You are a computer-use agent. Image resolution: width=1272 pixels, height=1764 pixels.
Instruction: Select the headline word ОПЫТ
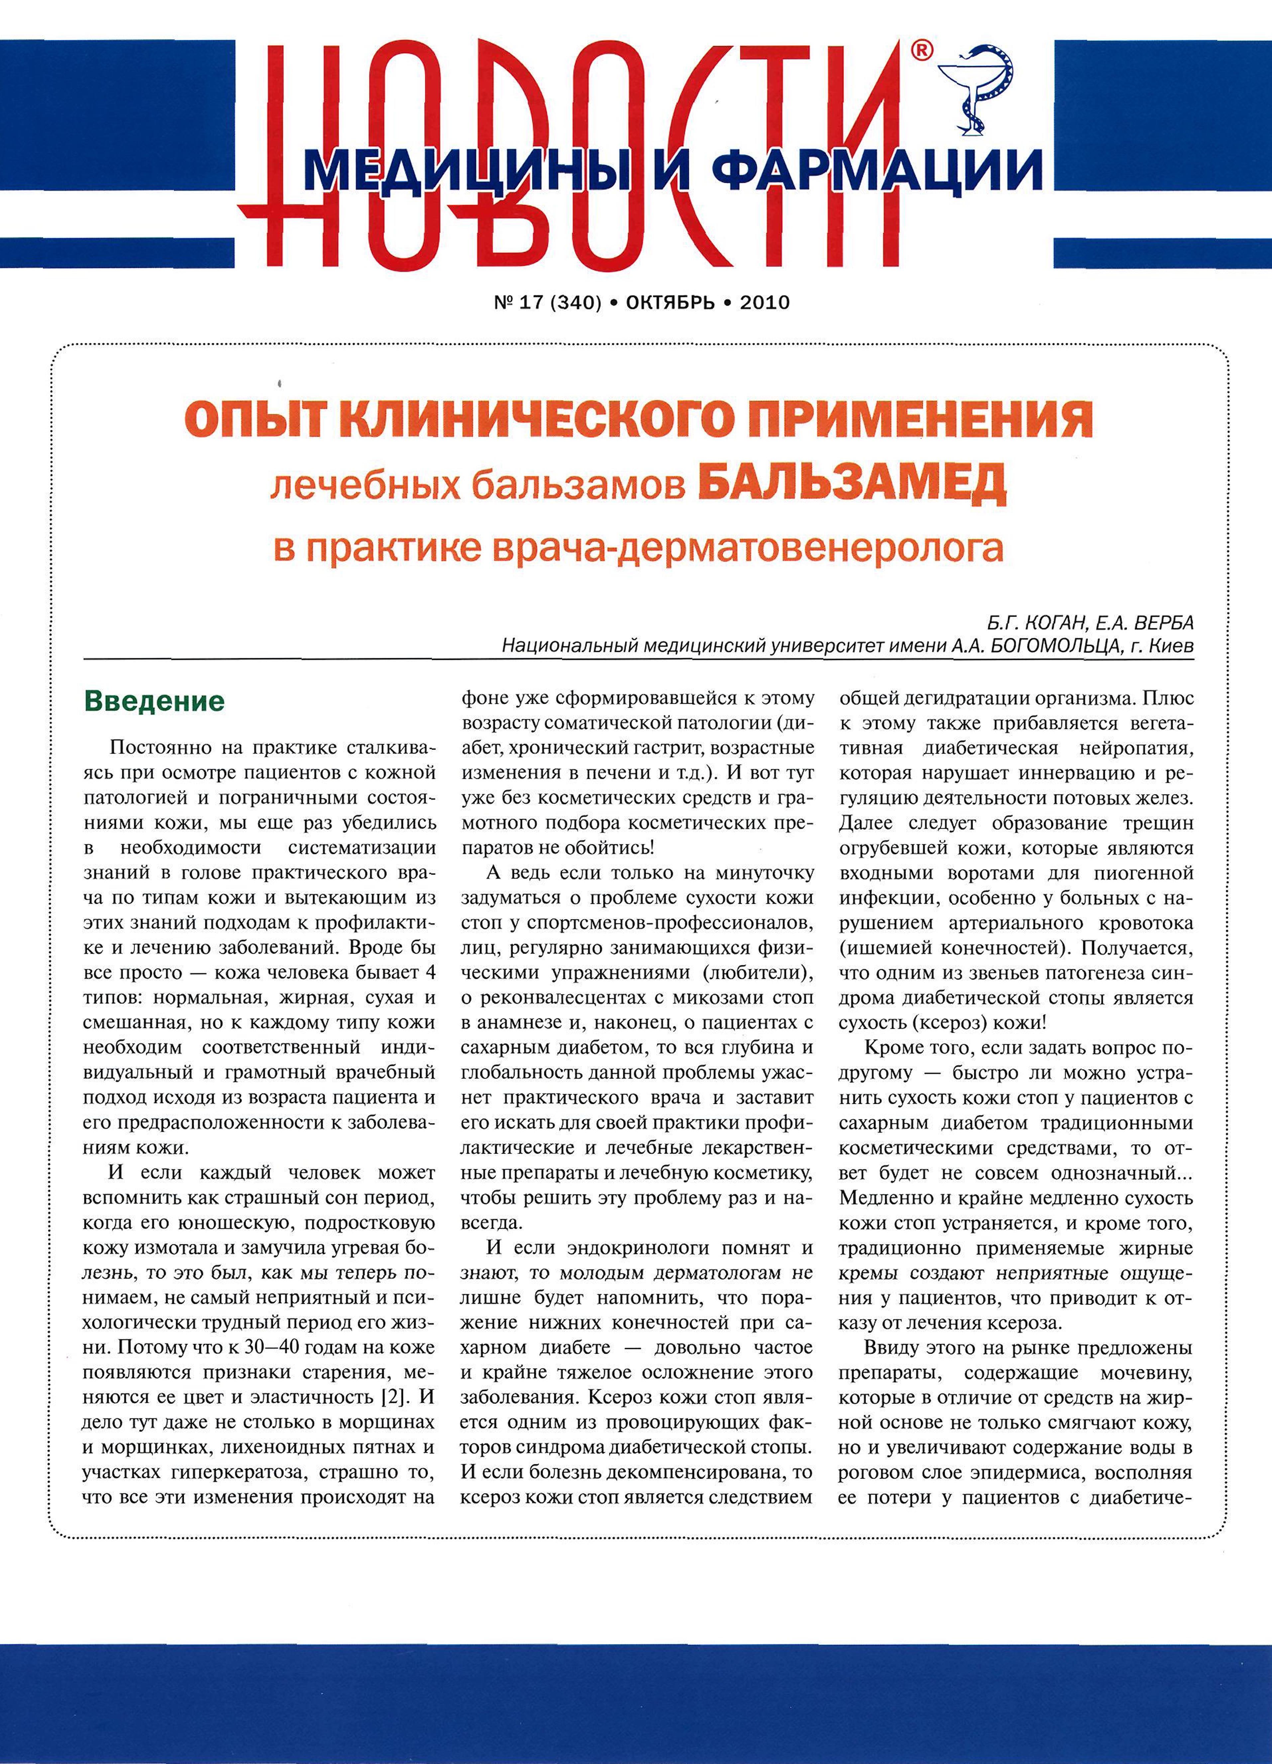tap(258, 420)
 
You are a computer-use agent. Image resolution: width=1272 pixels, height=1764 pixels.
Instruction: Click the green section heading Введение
tap(154, 701)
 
